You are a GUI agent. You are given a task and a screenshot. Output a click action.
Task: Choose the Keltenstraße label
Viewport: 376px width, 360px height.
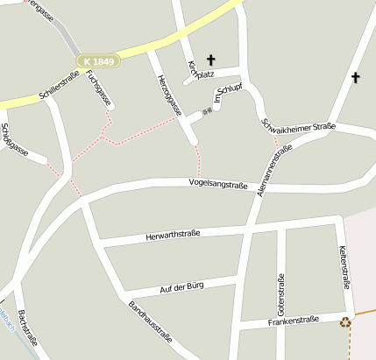(344, 267)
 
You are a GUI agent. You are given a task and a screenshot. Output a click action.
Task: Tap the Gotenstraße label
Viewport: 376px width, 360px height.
(281, 295)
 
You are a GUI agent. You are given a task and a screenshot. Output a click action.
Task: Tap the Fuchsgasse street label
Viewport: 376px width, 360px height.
(99, 91)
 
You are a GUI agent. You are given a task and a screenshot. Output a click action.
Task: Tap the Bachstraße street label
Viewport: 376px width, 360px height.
(25, 331)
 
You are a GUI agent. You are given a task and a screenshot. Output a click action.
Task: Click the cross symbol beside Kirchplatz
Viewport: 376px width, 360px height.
(210, 60)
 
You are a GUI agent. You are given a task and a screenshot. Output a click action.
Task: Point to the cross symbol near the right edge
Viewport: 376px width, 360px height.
(355, 78)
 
